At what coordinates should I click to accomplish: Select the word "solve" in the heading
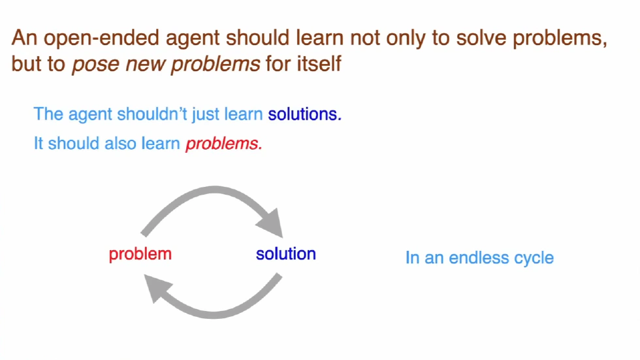point(476,39)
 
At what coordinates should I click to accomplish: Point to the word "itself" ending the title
point(319,65)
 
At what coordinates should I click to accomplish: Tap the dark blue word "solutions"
point(304,114)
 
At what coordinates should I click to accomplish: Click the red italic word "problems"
point(223,144)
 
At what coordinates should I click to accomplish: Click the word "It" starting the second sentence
point(39,144)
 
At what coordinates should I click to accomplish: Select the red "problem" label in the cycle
point(140,254)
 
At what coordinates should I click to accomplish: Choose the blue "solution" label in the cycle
point(285,254)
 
